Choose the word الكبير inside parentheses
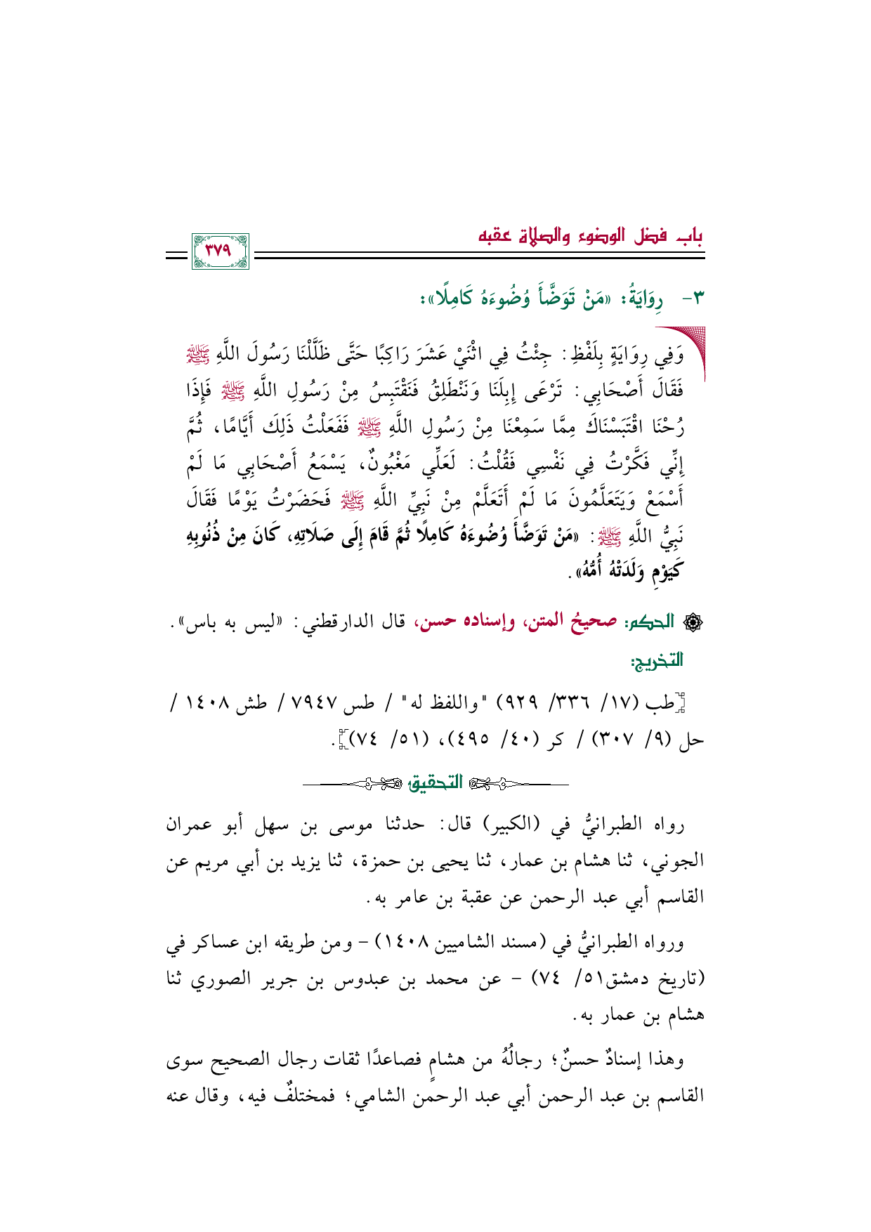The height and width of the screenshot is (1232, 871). click(512, 824)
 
